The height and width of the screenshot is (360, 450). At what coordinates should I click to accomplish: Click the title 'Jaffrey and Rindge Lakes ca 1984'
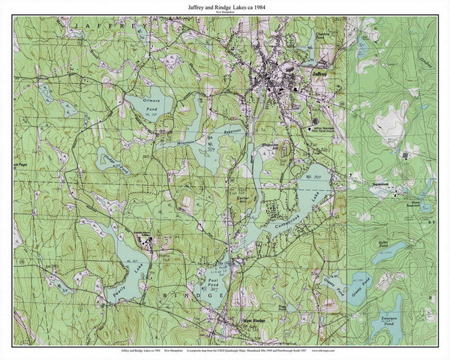[224, 7]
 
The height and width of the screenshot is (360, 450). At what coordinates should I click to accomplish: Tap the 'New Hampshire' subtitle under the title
[224, 14]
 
